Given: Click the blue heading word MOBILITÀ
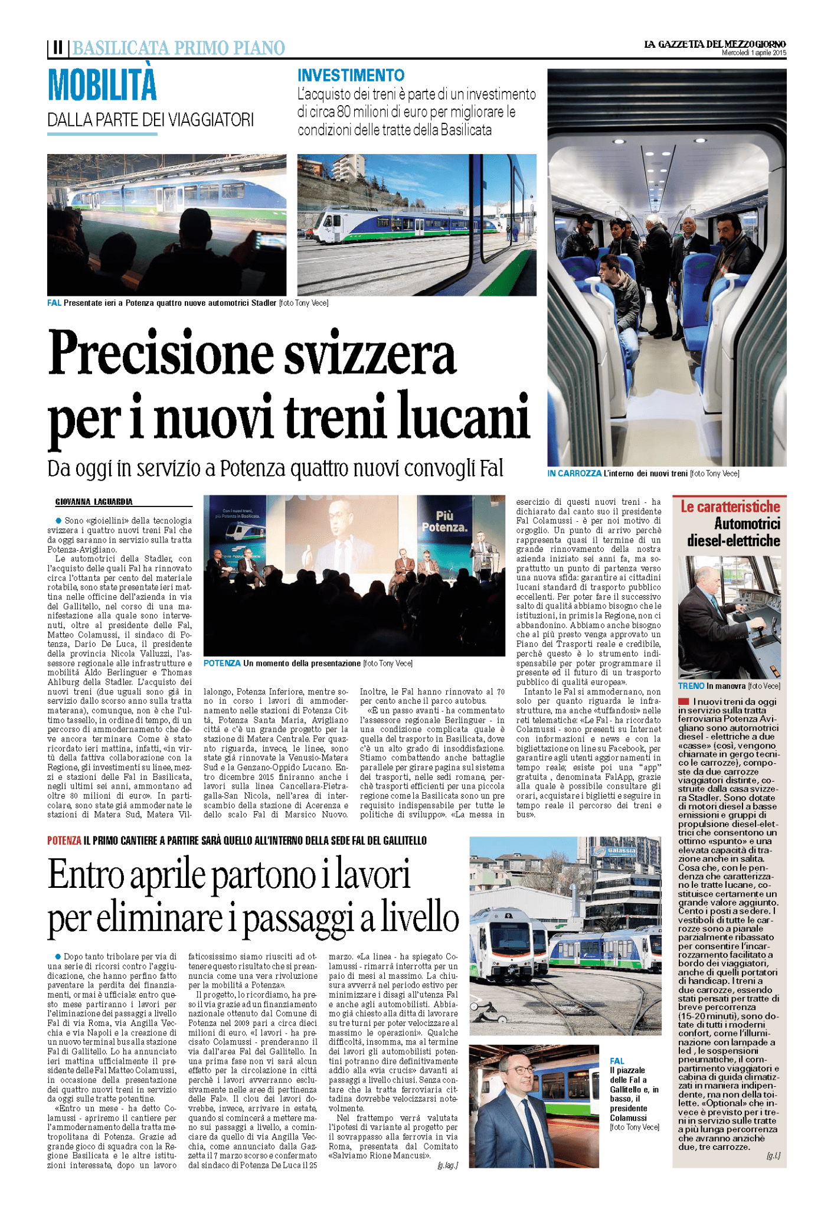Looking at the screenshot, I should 102,86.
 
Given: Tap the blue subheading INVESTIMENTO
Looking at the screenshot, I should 351,76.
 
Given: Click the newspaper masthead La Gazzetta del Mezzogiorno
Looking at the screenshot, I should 714,44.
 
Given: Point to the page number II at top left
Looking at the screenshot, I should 57,47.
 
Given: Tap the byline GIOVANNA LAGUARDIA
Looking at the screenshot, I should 94,502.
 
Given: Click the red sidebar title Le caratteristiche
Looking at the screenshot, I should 730,507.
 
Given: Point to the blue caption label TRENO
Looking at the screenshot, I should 691,686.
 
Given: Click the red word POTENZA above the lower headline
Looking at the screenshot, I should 64,841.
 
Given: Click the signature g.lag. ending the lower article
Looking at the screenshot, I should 447,1165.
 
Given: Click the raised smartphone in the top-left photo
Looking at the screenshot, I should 258,240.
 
